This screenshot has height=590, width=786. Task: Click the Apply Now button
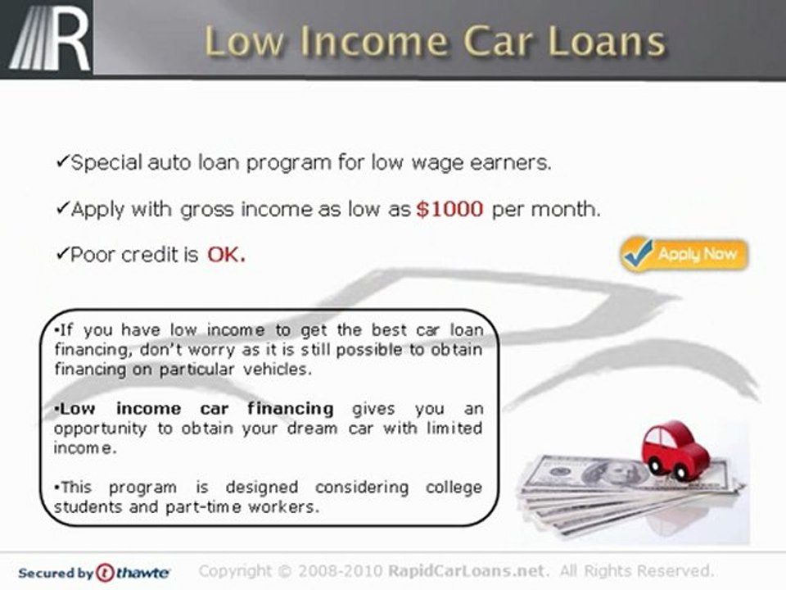(x=684, y=254)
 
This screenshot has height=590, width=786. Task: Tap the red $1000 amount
(x=449, y=209)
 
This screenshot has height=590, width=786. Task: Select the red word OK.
(x=226, y=255)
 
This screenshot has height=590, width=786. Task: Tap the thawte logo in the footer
(x=133, y=572)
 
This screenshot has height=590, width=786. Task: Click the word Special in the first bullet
(x=106, y=163)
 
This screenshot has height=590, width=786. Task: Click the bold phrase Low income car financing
(x=196, y=408)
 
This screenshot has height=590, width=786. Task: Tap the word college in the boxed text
(x=453, y=487)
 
